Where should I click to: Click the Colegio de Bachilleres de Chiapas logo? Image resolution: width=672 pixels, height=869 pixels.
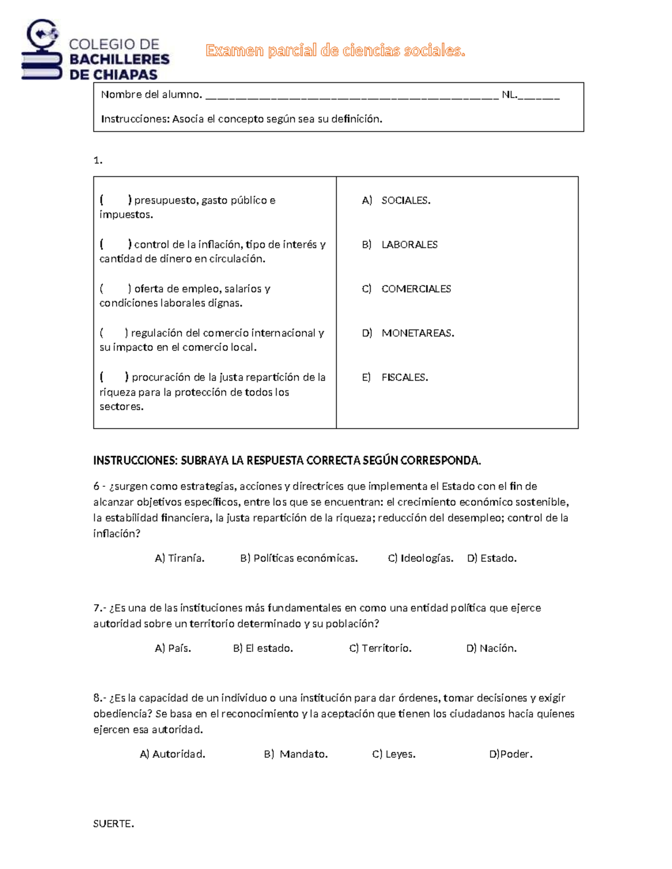tap(95, 50)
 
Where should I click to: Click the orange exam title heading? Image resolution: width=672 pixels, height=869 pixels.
tap(335, 51)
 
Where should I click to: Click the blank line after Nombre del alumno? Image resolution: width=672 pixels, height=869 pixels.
tap(352, 96)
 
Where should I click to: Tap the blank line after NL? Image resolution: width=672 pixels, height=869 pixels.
tap(539, 96)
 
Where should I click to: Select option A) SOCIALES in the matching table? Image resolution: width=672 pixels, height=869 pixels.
tap(396, 200)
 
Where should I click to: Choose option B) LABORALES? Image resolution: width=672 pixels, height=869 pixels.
tap(400, 245)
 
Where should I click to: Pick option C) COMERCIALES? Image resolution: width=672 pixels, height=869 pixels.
tap(407, 289)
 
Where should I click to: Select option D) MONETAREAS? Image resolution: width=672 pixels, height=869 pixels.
tap(408, 333)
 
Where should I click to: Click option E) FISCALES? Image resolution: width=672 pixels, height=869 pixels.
tap(395, 377)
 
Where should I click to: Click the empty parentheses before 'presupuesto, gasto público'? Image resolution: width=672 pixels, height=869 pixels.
tap(115, 200)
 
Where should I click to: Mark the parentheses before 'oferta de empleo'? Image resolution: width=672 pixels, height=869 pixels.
tap(115, 289)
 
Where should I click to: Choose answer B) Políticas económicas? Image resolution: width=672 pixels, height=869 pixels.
tap(299, 558)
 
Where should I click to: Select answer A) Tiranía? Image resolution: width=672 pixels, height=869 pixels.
tap(180, 558)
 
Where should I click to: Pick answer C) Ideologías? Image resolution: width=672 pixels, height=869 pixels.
tap(421, 558)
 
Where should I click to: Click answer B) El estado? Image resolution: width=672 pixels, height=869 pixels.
tap(263, 648)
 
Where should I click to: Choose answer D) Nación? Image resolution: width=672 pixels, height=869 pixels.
tap(492, 648)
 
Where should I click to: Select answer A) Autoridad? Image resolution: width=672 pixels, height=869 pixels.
tap(172, 754)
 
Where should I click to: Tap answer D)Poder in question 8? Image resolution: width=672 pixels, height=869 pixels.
tap(511, 754)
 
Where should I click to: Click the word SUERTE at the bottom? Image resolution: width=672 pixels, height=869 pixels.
tap(114, 824)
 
